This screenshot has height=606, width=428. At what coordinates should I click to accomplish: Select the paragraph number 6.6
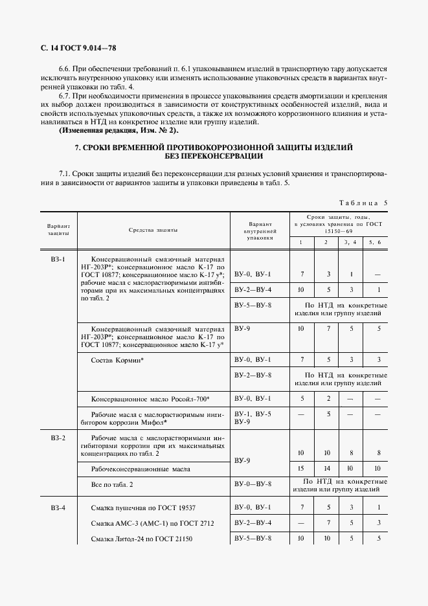click(x=66, y=67)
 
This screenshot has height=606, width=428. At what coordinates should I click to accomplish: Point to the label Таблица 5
click(x=358, y=203)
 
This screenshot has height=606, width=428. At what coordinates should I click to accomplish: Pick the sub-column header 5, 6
click(x=375, y=241)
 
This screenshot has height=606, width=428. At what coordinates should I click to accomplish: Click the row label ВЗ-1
click(x=58, y=259)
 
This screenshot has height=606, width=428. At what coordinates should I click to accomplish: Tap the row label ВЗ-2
click(x=58, y=438)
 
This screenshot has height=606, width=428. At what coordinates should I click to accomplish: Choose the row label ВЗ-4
click(x=58, y=508)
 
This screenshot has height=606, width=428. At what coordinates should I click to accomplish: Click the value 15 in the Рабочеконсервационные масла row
click(x=300, y=467)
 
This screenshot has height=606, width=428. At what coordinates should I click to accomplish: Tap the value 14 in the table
click(x=328, y=467)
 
